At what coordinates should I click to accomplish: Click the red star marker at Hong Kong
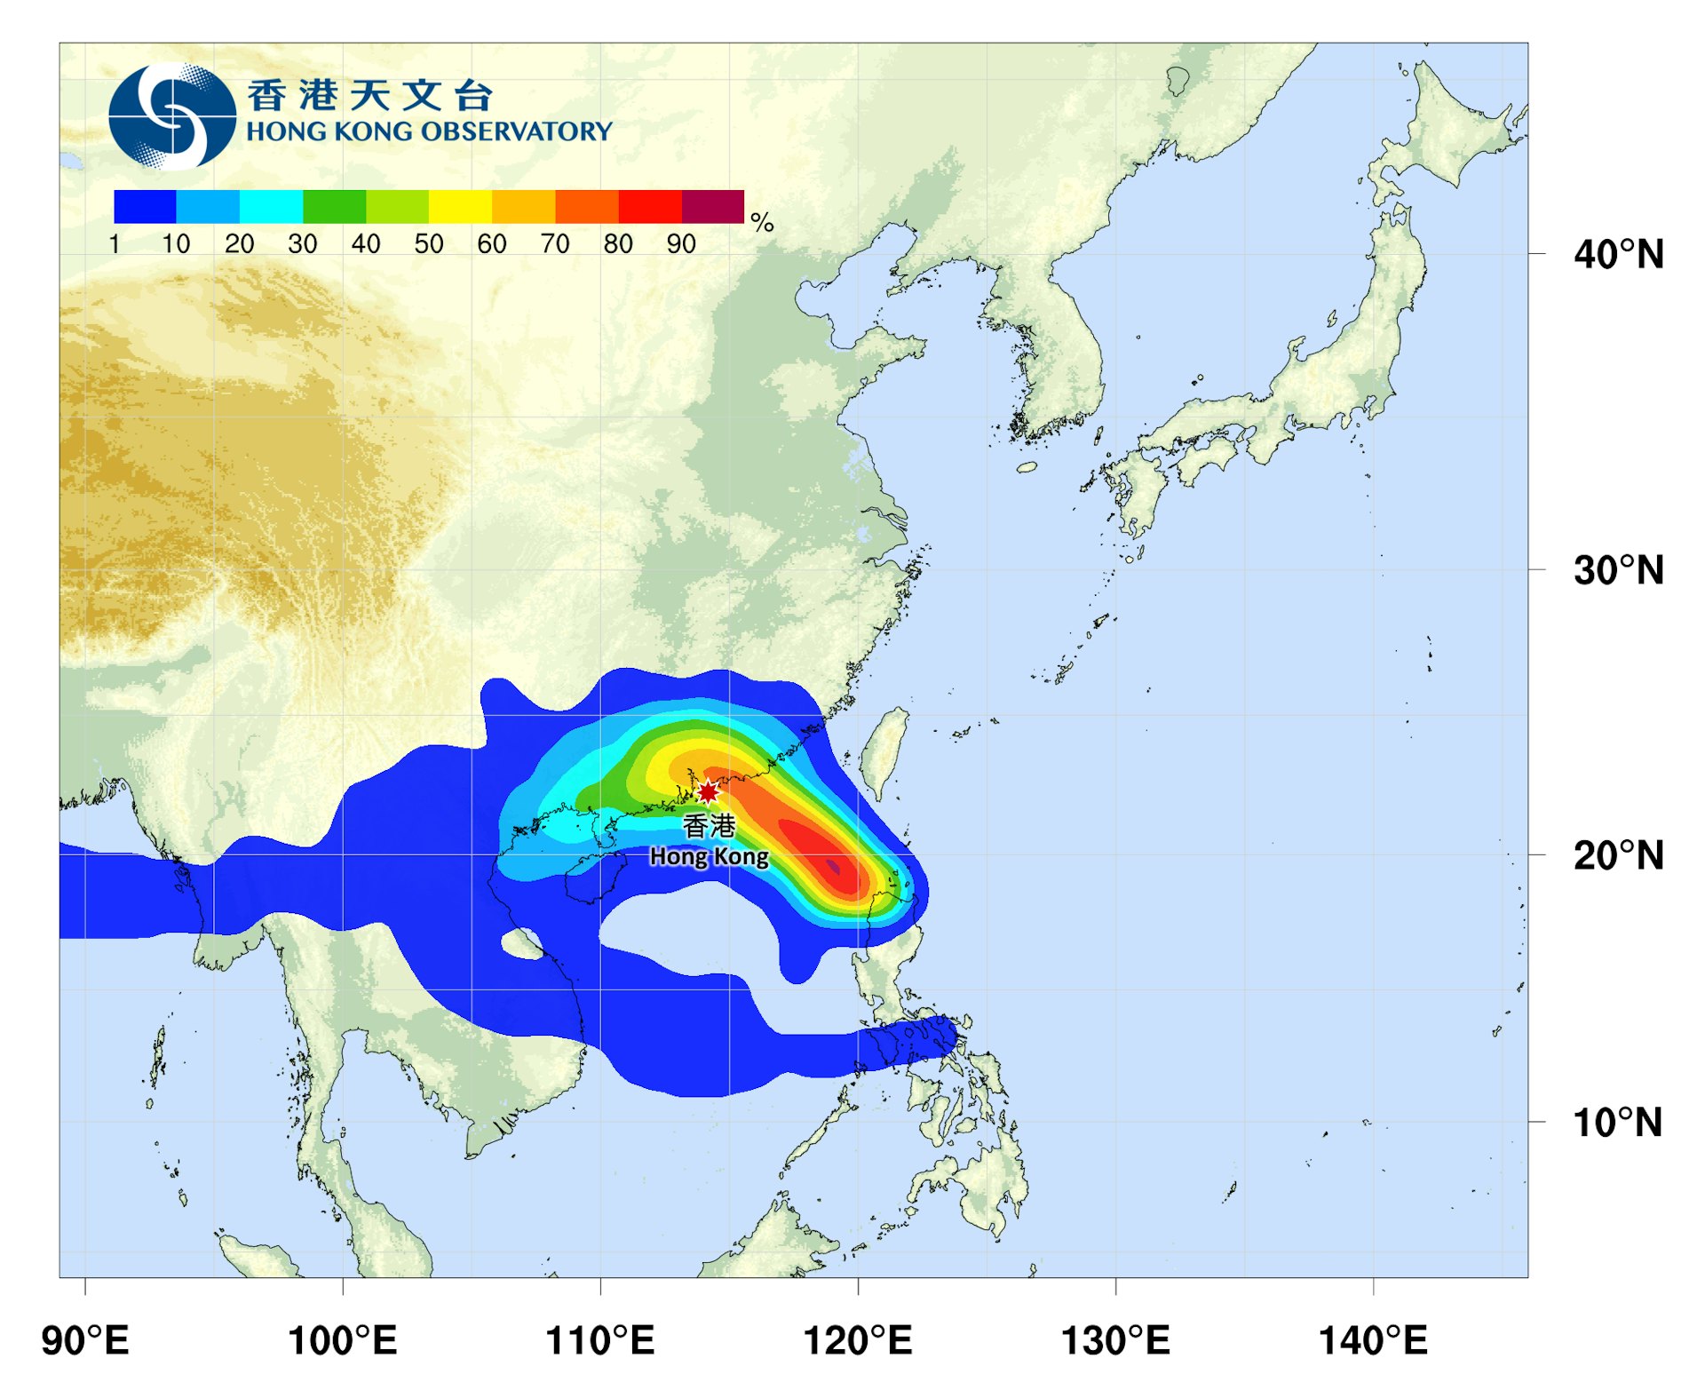coord(708,791)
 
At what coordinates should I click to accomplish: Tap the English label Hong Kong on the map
coord(709,856)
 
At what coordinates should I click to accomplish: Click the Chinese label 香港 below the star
coord(709,826)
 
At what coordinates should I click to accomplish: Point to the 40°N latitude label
coord(1618,255)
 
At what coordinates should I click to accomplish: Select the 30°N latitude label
coord(1618,570)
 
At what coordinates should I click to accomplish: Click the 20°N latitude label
coord(1618,856)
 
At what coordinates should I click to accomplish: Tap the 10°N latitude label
coord(1618,1123)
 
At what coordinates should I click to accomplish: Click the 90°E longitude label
coord(85,1339)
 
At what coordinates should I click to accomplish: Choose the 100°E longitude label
coord(343,1339)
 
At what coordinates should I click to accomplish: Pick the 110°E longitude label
coord(600,1339)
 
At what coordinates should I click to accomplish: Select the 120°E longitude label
coord(858,1339)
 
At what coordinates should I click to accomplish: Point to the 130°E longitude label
coord(1115,1339)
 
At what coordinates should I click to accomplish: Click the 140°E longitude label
coord(1373,1339)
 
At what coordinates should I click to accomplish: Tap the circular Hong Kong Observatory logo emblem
coord(172,116)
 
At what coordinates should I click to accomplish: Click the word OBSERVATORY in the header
coord(516,131)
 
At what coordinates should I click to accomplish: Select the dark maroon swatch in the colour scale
coord(712,207)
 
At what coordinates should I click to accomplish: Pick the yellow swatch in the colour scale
coord(460,207)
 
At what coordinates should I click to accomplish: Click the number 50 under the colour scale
coord(429,244)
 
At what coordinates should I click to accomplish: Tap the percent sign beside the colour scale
coord(762,222)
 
